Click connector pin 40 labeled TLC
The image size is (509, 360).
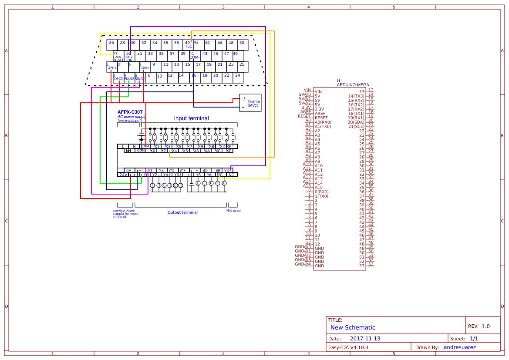click(188, 45)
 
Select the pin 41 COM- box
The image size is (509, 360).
click(194, 56)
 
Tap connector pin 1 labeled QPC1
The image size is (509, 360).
click(112, 67)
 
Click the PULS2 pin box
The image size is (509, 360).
click(129, 77)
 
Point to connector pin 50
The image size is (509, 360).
click(243, 45)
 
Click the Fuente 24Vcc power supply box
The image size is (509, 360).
click(250, 103)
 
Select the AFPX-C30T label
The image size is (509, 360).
click(130, 112)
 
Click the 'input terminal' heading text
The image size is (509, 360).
click(191, 118)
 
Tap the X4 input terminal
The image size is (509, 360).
click(174, 151)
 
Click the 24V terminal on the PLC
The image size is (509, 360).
click(123, 175)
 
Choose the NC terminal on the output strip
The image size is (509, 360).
click(231, 175)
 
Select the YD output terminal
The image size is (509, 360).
click(227, 170)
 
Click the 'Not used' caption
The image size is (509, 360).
click(233, 211)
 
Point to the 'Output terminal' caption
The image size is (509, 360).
click(182, 212)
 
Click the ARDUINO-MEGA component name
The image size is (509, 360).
click(353, 85)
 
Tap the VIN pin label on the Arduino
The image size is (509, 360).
click(318, 92)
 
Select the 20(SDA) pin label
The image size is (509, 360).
click(356, 122)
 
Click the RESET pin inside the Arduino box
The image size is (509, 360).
click(321, 118)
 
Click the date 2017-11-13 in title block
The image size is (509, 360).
click(365, 339)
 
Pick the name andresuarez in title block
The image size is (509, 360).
click(459, 347)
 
